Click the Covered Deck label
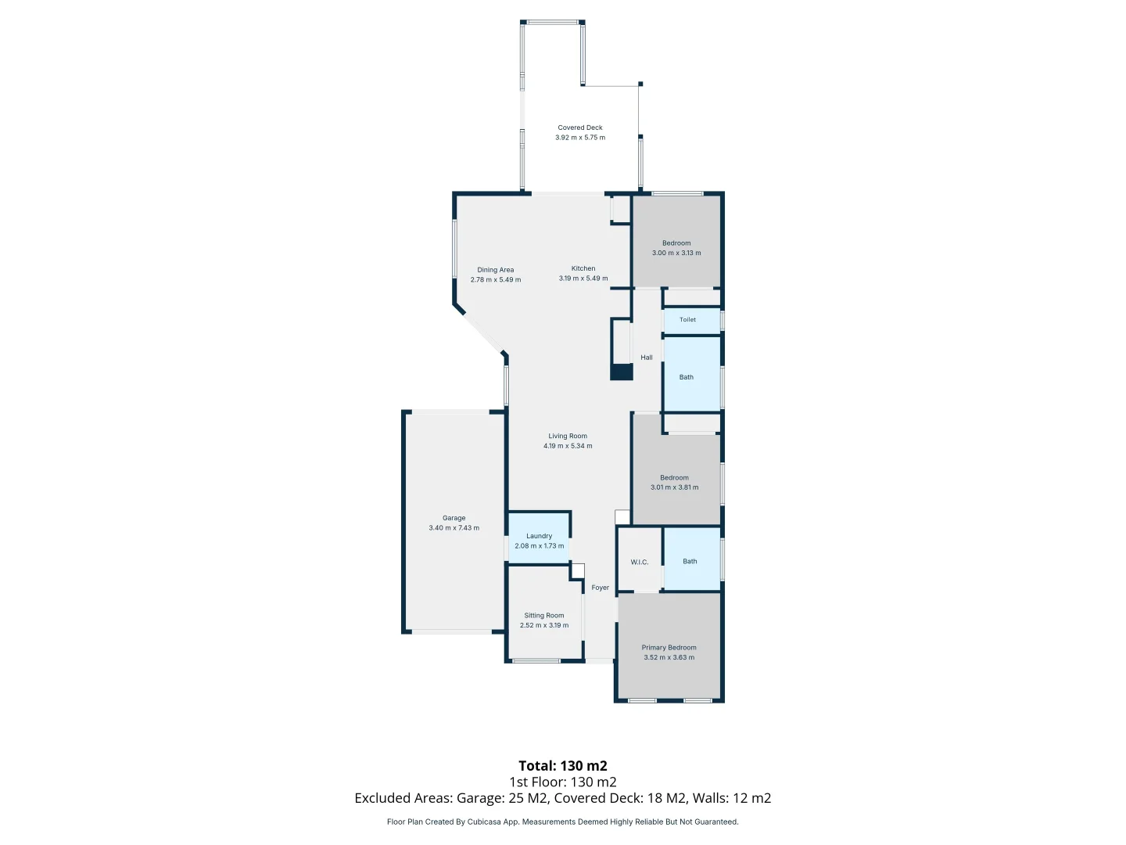[x=580, y=128]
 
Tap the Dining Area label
[x=496, y=270]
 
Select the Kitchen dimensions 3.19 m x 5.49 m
[x=583, y=279]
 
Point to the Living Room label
[x=568, y=436]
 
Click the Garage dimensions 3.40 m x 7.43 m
[x=454, y=528]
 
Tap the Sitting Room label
[x=544, y=616]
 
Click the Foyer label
[x=600, y=588]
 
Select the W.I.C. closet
[x=640, y=562]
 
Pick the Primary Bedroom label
[x=669, y=648]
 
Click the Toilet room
[x=688, y=320]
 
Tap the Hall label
[x=647, y=358]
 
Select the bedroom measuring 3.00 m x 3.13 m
[x=676, y=243]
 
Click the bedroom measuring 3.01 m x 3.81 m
[x=675, y=479]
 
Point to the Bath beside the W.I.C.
[x=690, y=561]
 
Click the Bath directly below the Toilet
[x=687, y=377]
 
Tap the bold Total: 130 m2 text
[x=563, y=766]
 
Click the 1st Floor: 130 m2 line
[x=563, y=782]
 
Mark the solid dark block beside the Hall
[x=622, y=372]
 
